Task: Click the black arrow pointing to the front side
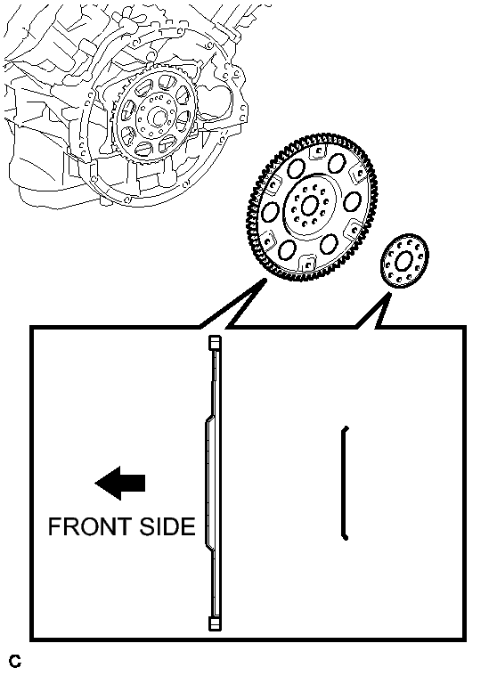120,483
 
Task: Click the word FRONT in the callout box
89,526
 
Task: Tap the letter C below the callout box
14,661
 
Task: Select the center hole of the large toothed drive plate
309,207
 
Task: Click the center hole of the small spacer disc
403,261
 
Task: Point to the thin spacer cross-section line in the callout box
345,483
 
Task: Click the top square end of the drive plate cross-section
215,343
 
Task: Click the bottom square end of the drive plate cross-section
215,623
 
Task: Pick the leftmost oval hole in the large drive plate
270,213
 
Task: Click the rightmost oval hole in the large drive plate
353,202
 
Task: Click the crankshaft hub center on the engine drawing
159,118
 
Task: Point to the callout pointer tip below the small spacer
389,294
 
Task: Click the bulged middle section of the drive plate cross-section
209,483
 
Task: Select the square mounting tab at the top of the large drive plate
319,151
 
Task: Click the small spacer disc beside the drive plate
404,261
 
